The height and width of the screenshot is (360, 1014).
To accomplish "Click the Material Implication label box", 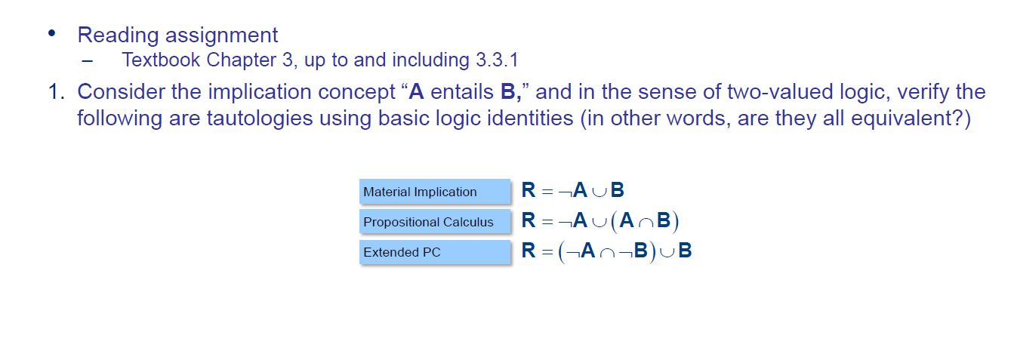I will point(435,192).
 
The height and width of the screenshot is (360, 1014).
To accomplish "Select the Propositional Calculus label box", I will point(435,222).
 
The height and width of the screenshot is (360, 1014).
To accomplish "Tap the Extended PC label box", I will point(435,252).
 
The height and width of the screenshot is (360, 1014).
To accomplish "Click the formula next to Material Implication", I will point(573,191).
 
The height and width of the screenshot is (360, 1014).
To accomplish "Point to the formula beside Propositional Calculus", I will point(601,221).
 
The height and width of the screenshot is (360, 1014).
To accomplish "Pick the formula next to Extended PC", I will point(607,251).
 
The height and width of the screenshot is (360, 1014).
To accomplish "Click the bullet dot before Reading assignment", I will point(51,34).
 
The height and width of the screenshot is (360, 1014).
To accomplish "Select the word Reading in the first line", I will point(118,35).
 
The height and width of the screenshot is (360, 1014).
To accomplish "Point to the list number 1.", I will point(55,92).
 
